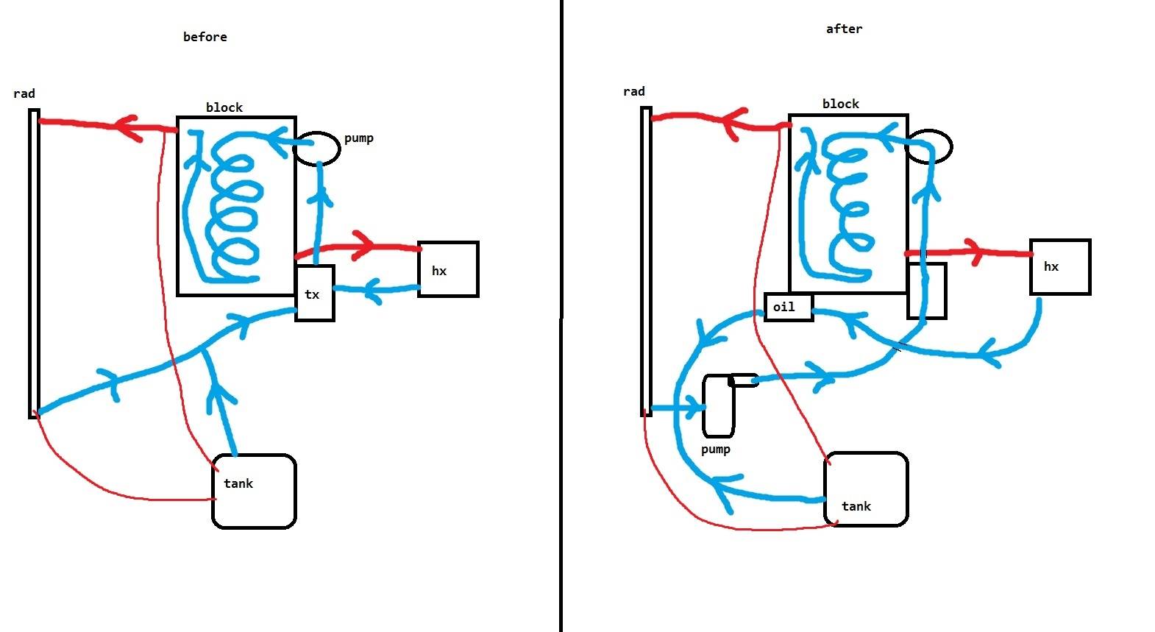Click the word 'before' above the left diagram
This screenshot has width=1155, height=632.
tap(205, 37)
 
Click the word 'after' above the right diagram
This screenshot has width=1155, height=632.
tap(844, 29)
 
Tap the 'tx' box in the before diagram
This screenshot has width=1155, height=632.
tap(315, 294)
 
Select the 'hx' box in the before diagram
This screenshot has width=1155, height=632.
tap(448, 269)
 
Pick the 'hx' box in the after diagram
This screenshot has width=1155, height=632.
tap(1060, 266)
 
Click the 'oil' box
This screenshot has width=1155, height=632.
tap(789, 308)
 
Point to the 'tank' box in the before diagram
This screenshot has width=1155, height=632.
tap(254, 491)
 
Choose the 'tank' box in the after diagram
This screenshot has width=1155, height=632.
tap(867, 489)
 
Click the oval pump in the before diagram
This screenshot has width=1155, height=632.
tap(316, 149)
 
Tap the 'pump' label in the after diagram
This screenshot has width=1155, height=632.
tap(715, 449)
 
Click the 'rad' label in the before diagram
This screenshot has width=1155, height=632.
tap(24, 93)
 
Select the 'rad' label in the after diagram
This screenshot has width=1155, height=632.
tap(633, 91)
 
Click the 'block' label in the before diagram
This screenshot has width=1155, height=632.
tap(224, 107)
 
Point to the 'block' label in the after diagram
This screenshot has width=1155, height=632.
tap(840, 104)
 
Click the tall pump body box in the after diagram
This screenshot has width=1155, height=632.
tap(718, 405)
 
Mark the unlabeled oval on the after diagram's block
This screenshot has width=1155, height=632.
tap(929, 146)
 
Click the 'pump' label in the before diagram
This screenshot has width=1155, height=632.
tap(359, 138)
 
